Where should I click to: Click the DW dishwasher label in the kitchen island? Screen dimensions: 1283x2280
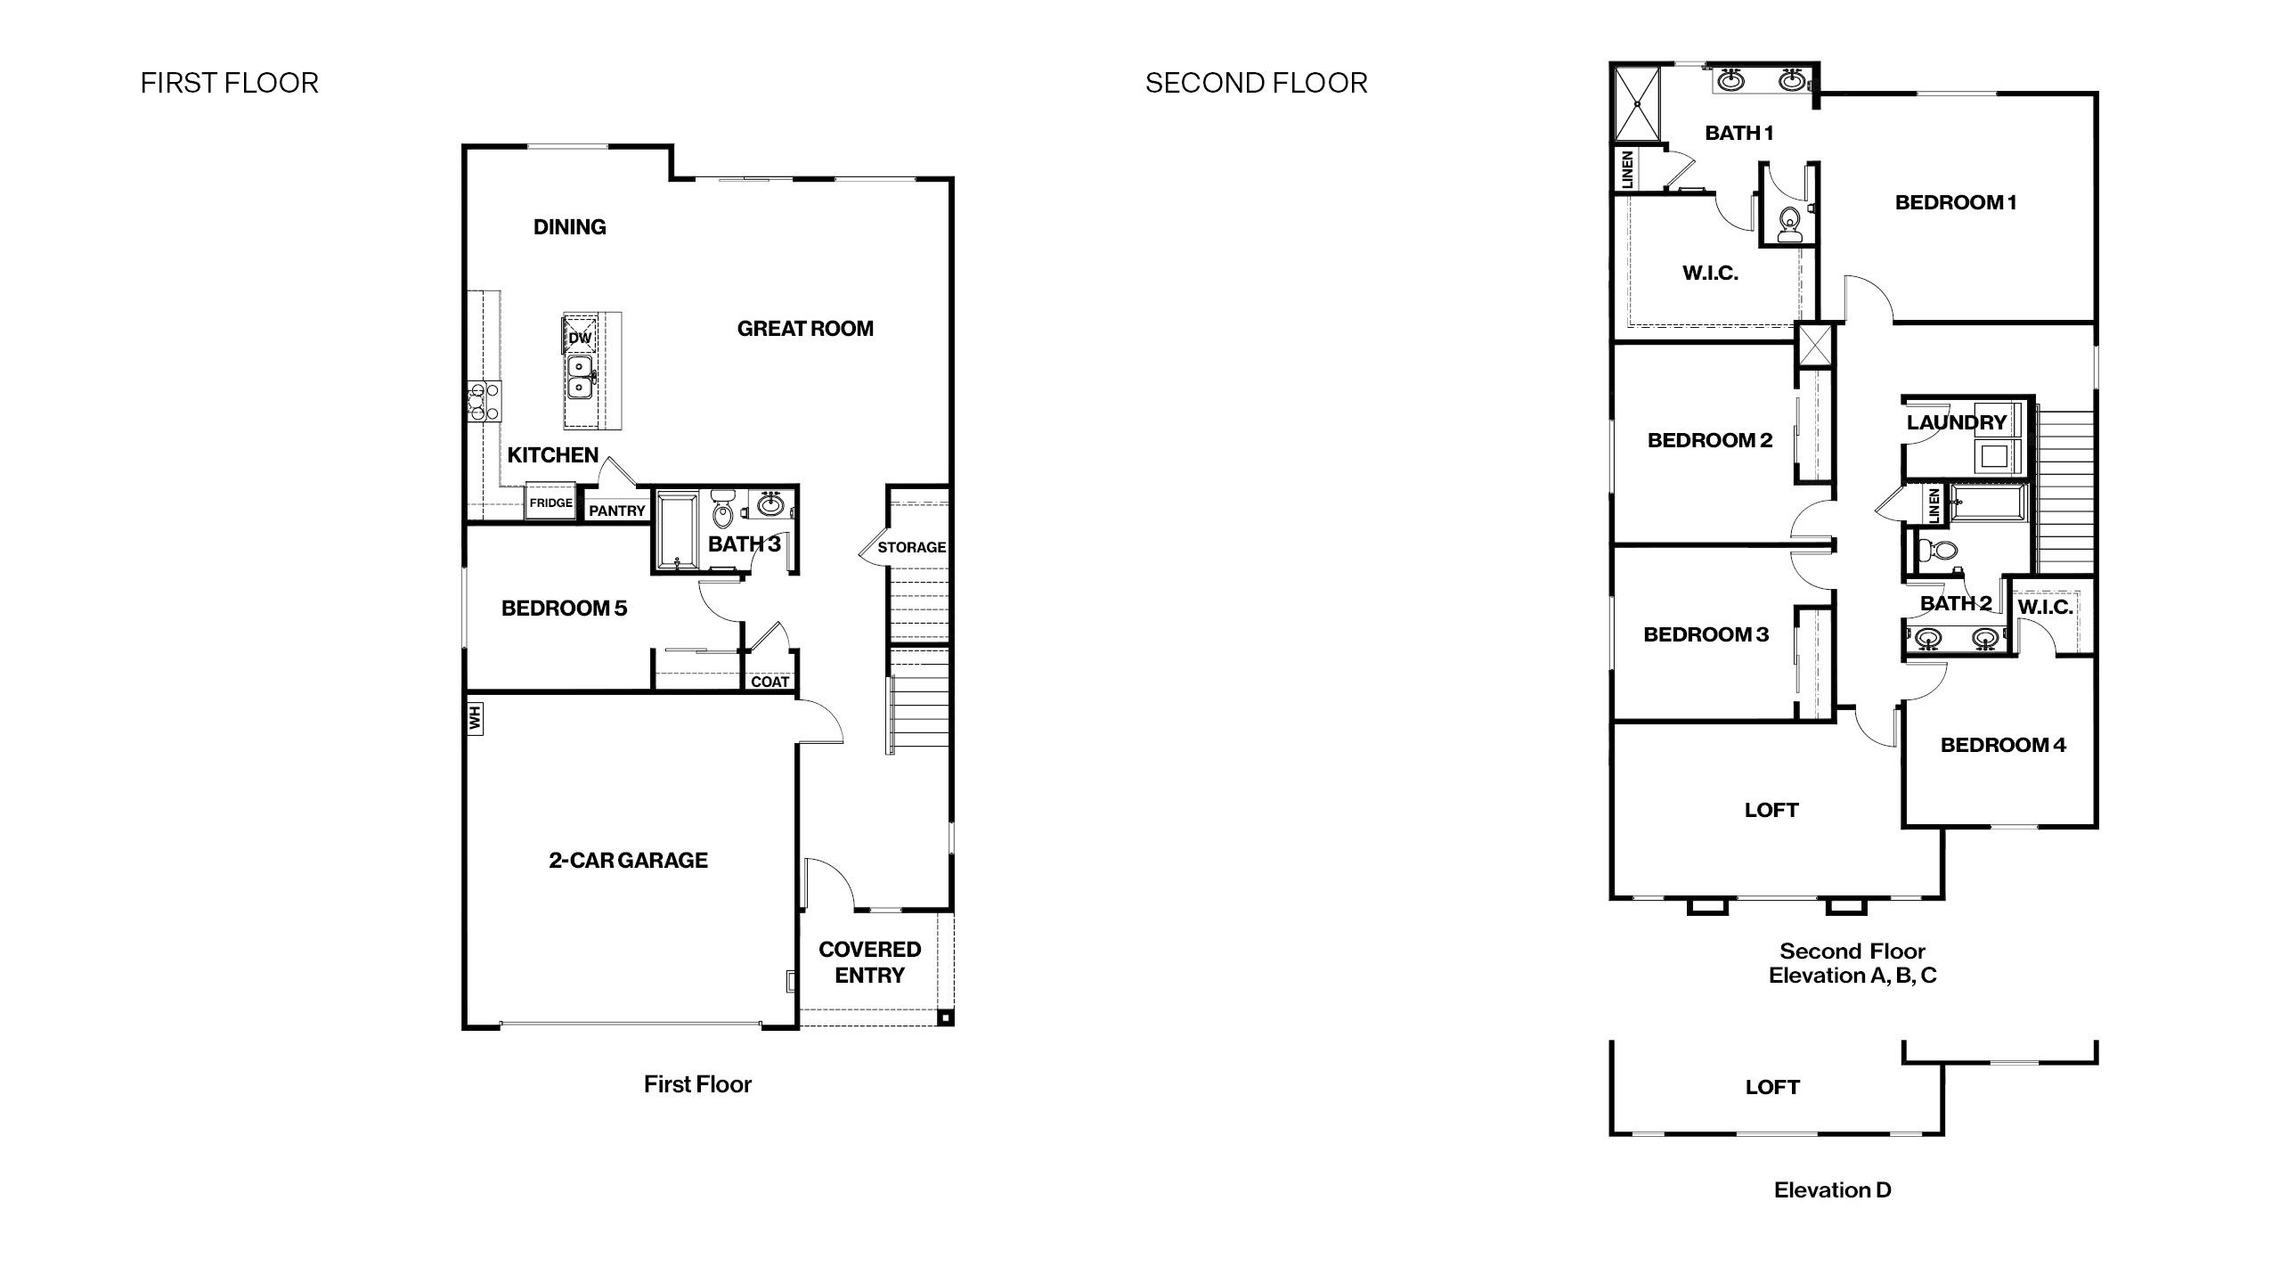point(580,338)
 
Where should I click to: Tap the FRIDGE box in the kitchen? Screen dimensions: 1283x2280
point(550,503)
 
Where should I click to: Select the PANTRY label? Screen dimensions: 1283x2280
point(616,511)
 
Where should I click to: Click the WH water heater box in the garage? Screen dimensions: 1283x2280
point(476,718)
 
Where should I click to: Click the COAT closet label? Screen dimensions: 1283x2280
point(769,682)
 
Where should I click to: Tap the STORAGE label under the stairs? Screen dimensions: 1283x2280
point(911,547)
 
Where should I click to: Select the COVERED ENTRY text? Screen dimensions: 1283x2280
point(869,962)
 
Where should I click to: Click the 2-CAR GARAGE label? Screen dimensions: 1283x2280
point(628,860)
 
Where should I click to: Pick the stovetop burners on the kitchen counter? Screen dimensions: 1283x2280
point(484,401)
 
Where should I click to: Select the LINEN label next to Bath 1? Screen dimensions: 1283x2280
point(1627,169)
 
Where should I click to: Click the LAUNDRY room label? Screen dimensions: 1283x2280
point(1956,422)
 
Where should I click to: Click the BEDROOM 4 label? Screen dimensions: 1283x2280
point(2002,745)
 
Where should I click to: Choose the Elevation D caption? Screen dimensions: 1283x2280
point(1832,1189)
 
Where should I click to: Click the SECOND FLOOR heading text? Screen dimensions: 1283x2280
point(1256,83)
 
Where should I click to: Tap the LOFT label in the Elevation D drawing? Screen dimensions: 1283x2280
point(1771,1087)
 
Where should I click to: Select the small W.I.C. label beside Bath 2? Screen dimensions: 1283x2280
point(2044,608)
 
